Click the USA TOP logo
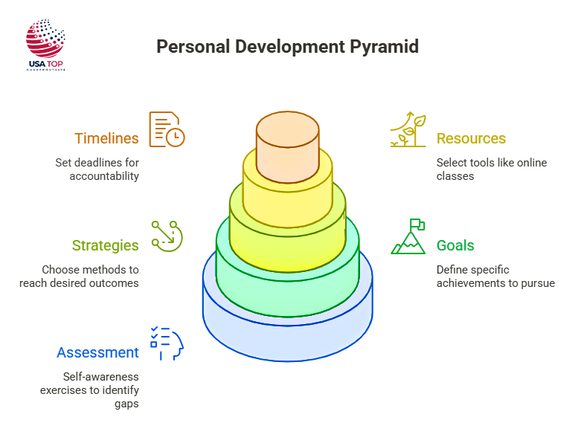(x=46, y=45)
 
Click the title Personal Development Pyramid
(x=287, y=47)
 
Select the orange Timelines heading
(x=106, y=138)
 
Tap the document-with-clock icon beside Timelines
(x=167, y=129)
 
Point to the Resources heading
(x=471, y=138)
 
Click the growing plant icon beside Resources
(x=408, y=130)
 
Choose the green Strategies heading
(x=106, y=245)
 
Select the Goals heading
(x=455, y=245)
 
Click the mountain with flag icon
(x=409, y=236)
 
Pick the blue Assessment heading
(x=98, y=352)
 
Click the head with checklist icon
(x=167, y=343)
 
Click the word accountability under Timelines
(x=104, y=176)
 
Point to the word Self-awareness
(x=100, y=376)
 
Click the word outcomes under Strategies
(x=116, y=283)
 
